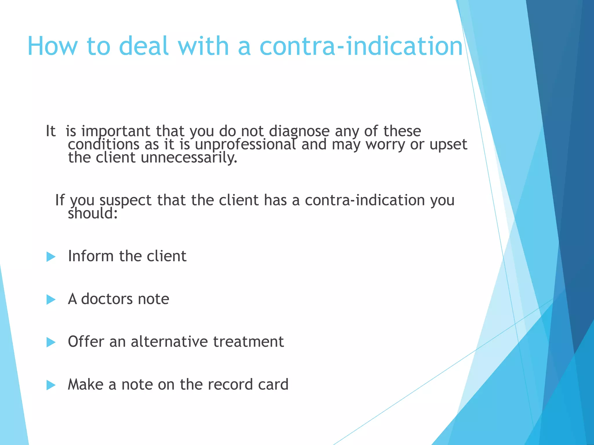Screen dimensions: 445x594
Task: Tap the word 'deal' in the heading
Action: (144, 46)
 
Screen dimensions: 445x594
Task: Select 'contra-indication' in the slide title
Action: (361, 46)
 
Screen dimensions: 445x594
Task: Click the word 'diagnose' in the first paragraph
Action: (299, 132)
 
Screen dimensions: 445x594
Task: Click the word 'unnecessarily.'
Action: (189, 158)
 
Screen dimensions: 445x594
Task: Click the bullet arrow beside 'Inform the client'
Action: (51, 257)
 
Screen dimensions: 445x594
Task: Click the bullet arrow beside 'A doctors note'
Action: (51, 300)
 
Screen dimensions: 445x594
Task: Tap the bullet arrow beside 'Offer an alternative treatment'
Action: (51, 342)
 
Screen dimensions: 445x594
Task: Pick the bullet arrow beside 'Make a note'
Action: (51, 385)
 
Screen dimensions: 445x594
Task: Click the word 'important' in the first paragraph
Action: (115, 132)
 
